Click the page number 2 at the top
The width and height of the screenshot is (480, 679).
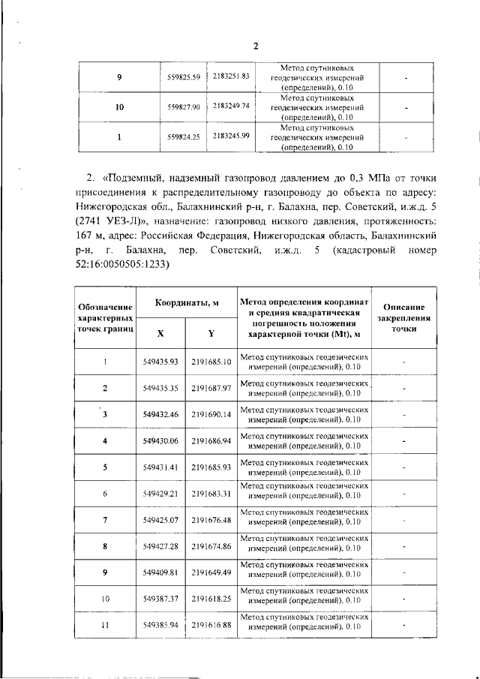[254, 46]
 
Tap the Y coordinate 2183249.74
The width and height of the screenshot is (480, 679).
[231, 106]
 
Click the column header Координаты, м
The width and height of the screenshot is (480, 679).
[187, 302]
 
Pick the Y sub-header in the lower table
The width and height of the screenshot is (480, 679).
[211, 332]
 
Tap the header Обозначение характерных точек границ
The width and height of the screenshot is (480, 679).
[105, 317]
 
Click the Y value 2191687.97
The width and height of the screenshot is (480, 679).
[211, 388]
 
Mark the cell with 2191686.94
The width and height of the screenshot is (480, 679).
[211, 440]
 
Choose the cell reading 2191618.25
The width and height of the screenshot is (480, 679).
[211, 599]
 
